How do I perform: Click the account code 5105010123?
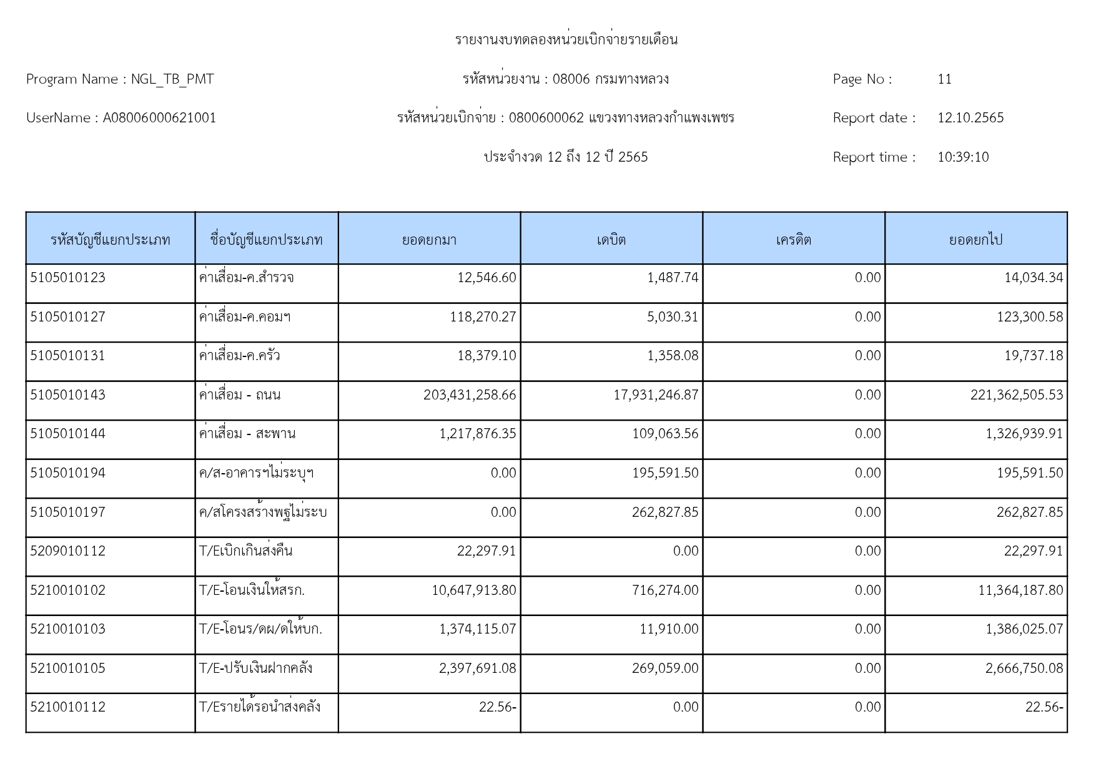tap(67, 278)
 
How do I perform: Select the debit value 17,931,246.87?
tap(656, 395)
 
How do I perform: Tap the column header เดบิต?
tap(611, 240)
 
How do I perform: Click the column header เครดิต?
tap(793, 240)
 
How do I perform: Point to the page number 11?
tap(944, 79)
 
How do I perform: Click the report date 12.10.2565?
tap(970, 118)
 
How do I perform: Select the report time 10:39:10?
tap(963, 157)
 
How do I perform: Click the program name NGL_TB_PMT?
tap(172, 79)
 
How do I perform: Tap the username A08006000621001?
tap(159, 118)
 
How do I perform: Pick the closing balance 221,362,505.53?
tap(1016, 395)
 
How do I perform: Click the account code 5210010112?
tap(67, 707)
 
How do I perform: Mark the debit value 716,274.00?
tap(665, 590)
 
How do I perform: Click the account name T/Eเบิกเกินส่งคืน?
tap(245, 551)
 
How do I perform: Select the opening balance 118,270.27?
tap(483, 317)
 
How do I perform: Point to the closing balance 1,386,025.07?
tap(1024, 629)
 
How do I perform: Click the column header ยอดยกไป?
tap(975, 240)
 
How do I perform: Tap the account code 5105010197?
tap(67, 512)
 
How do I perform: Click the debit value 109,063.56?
tap(665, 434)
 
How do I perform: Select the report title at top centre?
tap(566, 40)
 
